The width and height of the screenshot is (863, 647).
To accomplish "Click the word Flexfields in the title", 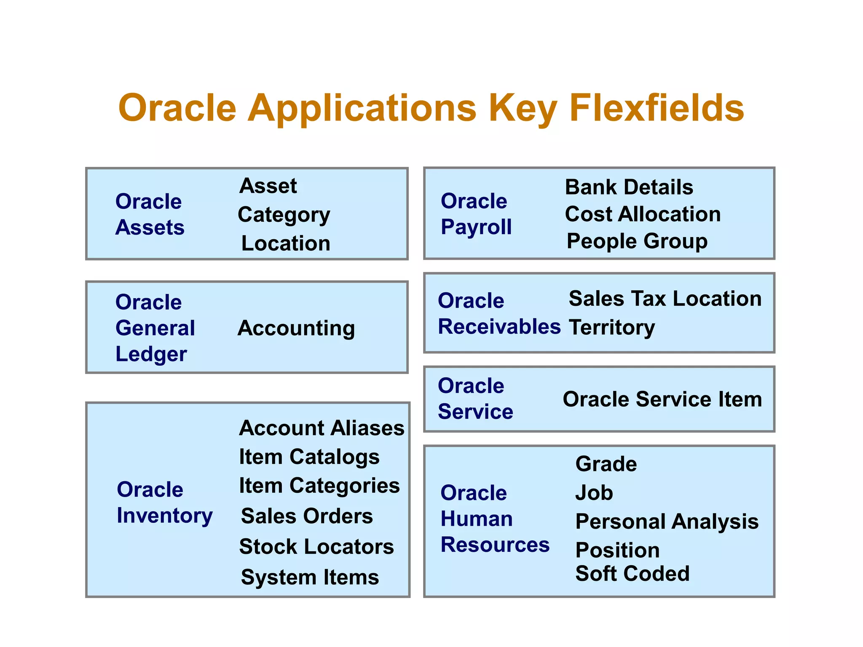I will click(657, 108).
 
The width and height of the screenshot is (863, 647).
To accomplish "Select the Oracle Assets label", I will click(150, 214).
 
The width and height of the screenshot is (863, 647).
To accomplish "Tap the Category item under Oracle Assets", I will click(284, 215).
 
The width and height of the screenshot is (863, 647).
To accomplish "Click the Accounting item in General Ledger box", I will click(296, 328).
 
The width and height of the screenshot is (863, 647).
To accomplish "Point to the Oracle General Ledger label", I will click(155, 328).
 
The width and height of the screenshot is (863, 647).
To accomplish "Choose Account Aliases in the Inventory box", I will click(322, 428).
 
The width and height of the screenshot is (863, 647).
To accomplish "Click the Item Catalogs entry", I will click(309, 457).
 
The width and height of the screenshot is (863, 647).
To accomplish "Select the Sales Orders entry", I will click(307, 516).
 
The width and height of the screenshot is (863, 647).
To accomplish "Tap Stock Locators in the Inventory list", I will click(316, 547).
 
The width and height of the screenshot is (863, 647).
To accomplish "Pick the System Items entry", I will click(310, 577).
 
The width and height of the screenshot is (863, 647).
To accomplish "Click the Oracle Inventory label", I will click(164, 503).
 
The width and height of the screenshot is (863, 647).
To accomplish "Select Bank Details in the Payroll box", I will click(629, 187).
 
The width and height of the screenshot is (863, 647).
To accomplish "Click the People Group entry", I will click(637, 241).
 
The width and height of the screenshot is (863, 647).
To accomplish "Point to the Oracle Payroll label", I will click(476, 214).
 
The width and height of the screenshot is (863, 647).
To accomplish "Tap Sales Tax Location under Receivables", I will click(665, 299).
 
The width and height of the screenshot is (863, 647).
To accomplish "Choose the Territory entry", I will click(612, 327).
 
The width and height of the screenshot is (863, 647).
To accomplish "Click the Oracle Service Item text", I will click(662, 399).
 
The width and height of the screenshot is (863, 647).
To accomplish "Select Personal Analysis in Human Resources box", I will click(667, 521).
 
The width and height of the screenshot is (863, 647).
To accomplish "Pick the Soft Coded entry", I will click(632, 574).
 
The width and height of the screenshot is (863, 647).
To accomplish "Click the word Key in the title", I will click(523, 108).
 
